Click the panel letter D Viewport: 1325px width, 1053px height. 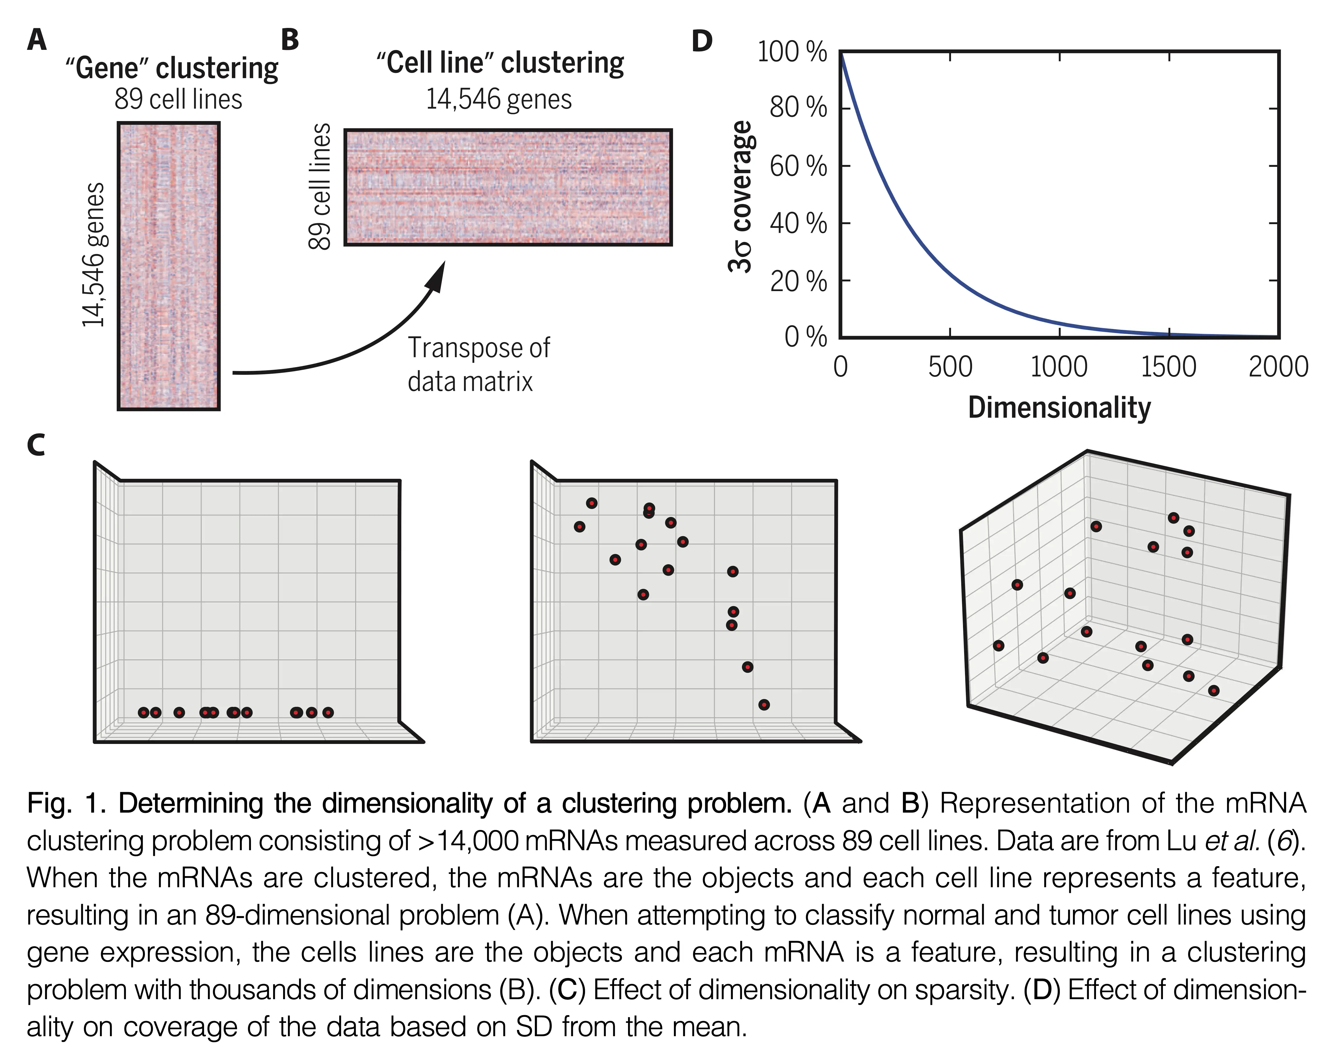pos(702,41)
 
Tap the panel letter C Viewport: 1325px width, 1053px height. pos(36,445)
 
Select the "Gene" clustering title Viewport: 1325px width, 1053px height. pos(172,68)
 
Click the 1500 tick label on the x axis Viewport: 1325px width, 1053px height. pos(1168,367)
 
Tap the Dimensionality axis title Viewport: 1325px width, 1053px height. pos(1059,408)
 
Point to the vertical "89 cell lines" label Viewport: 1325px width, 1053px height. pos(320,186)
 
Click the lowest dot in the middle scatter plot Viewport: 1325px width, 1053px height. pos(764,704)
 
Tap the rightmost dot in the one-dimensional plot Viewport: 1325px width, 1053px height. pos(328,712)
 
